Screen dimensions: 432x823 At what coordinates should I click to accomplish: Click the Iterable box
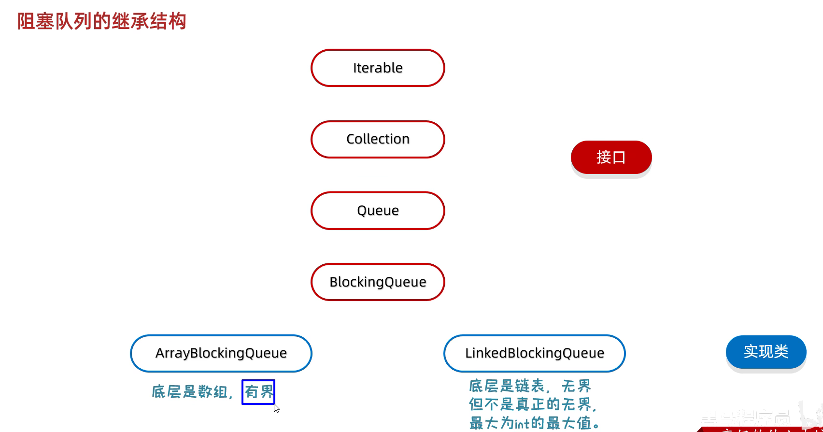378,68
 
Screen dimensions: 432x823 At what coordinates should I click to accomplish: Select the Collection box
378,139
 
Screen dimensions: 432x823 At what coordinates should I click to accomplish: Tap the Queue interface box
378,211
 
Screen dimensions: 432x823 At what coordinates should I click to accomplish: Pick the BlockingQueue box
378,282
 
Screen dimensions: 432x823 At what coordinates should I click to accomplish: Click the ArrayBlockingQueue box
221,353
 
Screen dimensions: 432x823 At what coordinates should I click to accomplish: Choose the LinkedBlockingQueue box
534,353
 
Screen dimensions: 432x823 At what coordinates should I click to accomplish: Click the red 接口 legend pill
611,157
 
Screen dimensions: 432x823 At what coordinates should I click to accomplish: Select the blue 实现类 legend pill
766,351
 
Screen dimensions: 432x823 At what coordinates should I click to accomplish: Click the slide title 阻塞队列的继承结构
102,21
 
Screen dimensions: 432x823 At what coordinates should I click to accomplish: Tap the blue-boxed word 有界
258,391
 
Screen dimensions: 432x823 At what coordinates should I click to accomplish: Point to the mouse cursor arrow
276,408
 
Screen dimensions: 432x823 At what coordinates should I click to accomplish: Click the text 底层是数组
189,391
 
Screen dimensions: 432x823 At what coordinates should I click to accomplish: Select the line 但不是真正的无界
532,404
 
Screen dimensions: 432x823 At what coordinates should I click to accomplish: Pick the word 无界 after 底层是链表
577,386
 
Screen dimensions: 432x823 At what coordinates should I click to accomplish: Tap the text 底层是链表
507,386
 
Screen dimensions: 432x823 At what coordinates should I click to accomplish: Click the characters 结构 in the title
168,21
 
